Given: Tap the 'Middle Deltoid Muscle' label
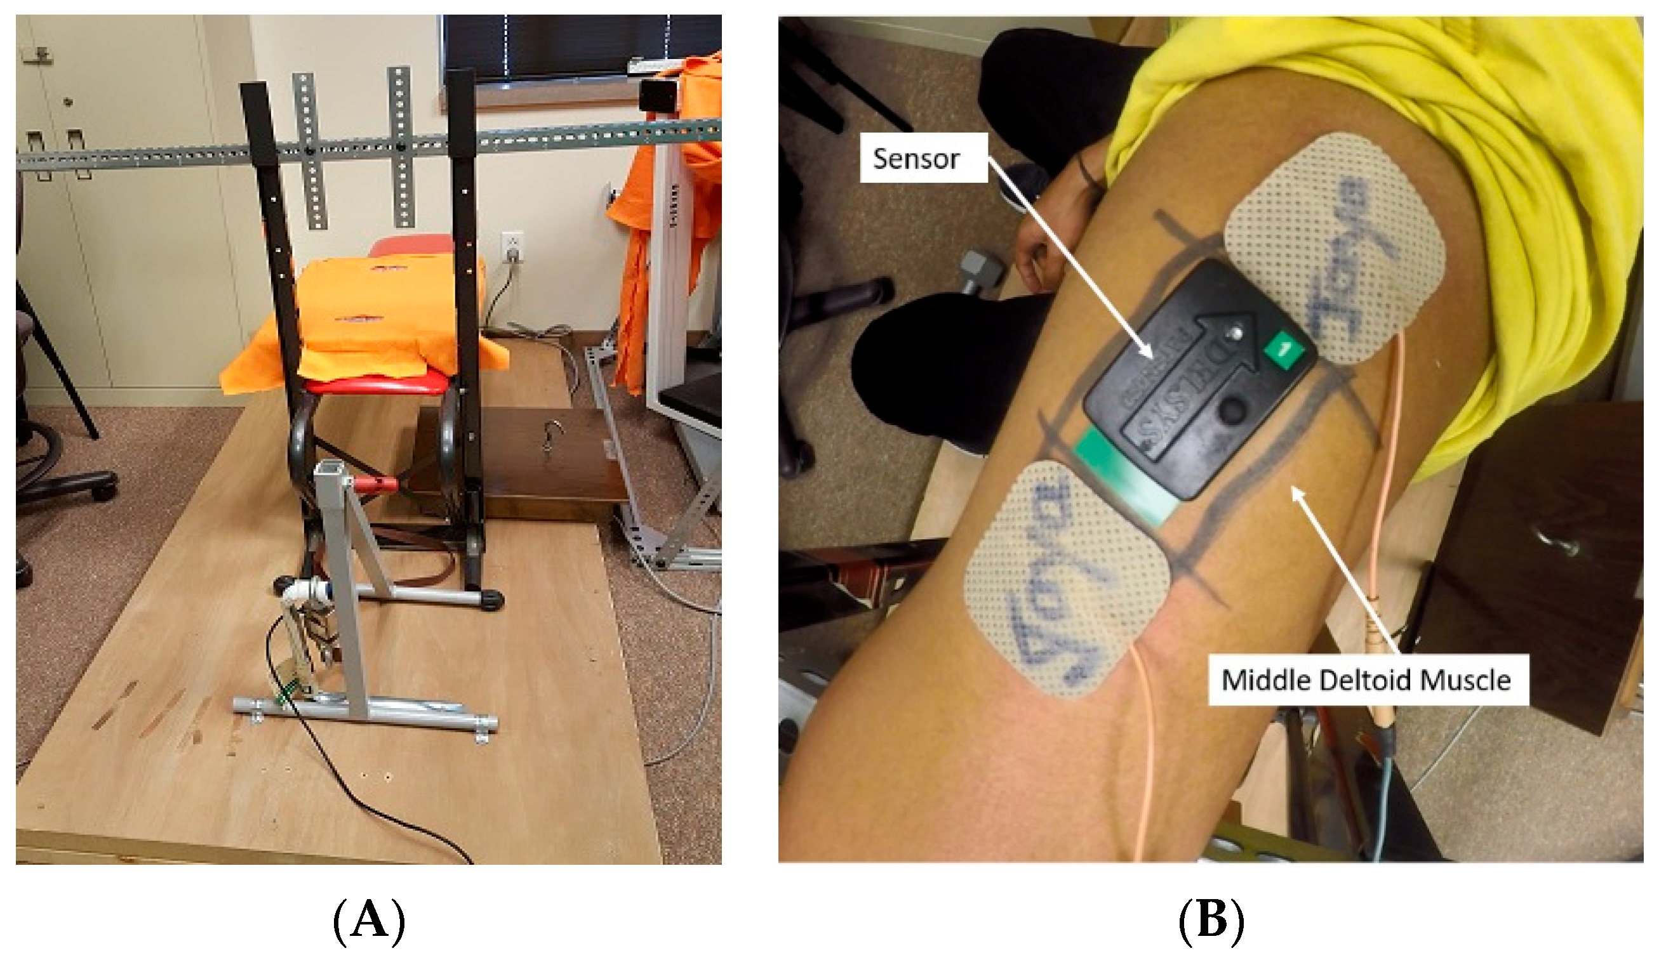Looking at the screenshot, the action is click(1366, 680).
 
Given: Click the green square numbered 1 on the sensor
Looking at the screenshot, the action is click(1283, 350).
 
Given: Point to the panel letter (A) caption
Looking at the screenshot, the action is click(369, 921).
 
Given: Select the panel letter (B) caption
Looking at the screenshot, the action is click(1210, 921).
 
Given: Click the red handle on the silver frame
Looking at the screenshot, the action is click(377, 485).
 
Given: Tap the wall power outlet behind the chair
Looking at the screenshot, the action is click(512, 246).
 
